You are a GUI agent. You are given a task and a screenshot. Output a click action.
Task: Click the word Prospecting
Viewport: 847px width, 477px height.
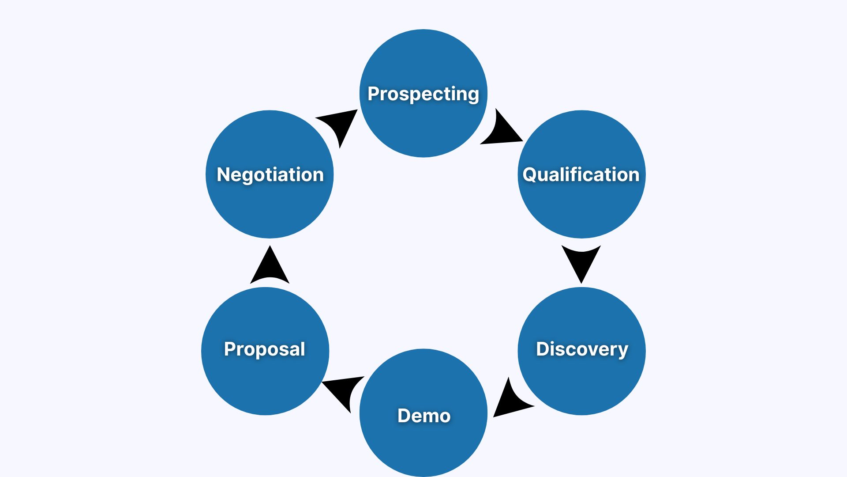click(x=423, y=94)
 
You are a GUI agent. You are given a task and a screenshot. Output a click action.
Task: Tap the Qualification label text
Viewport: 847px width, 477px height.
click(x=581, y=174)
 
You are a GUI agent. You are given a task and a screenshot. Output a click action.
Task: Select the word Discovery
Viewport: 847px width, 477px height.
click(x=582, y=349)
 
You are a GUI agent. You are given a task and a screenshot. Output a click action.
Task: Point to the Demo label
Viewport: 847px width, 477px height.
click(x=423, y=416)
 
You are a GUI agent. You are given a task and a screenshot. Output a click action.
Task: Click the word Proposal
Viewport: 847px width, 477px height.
click(x=264, y=349)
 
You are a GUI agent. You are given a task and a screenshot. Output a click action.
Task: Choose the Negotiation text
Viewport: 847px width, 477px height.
click(x=270, y=174)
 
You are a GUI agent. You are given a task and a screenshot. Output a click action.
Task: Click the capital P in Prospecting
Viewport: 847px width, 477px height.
click(x=374, y=94)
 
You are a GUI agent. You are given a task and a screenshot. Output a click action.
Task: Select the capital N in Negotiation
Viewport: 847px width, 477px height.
click(x=223, y=174)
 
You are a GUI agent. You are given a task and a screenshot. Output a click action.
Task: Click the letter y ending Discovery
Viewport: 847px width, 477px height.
click(x=622, y=351)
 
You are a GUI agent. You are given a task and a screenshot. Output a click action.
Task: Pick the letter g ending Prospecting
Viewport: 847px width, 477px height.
click(x=473, y=96)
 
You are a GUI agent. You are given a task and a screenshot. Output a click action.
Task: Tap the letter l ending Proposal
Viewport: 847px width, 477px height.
click(x=302, y=348)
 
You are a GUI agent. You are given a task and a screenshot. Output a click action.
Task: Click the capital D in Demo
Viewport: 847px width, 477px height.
click(x=404, y=416)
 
